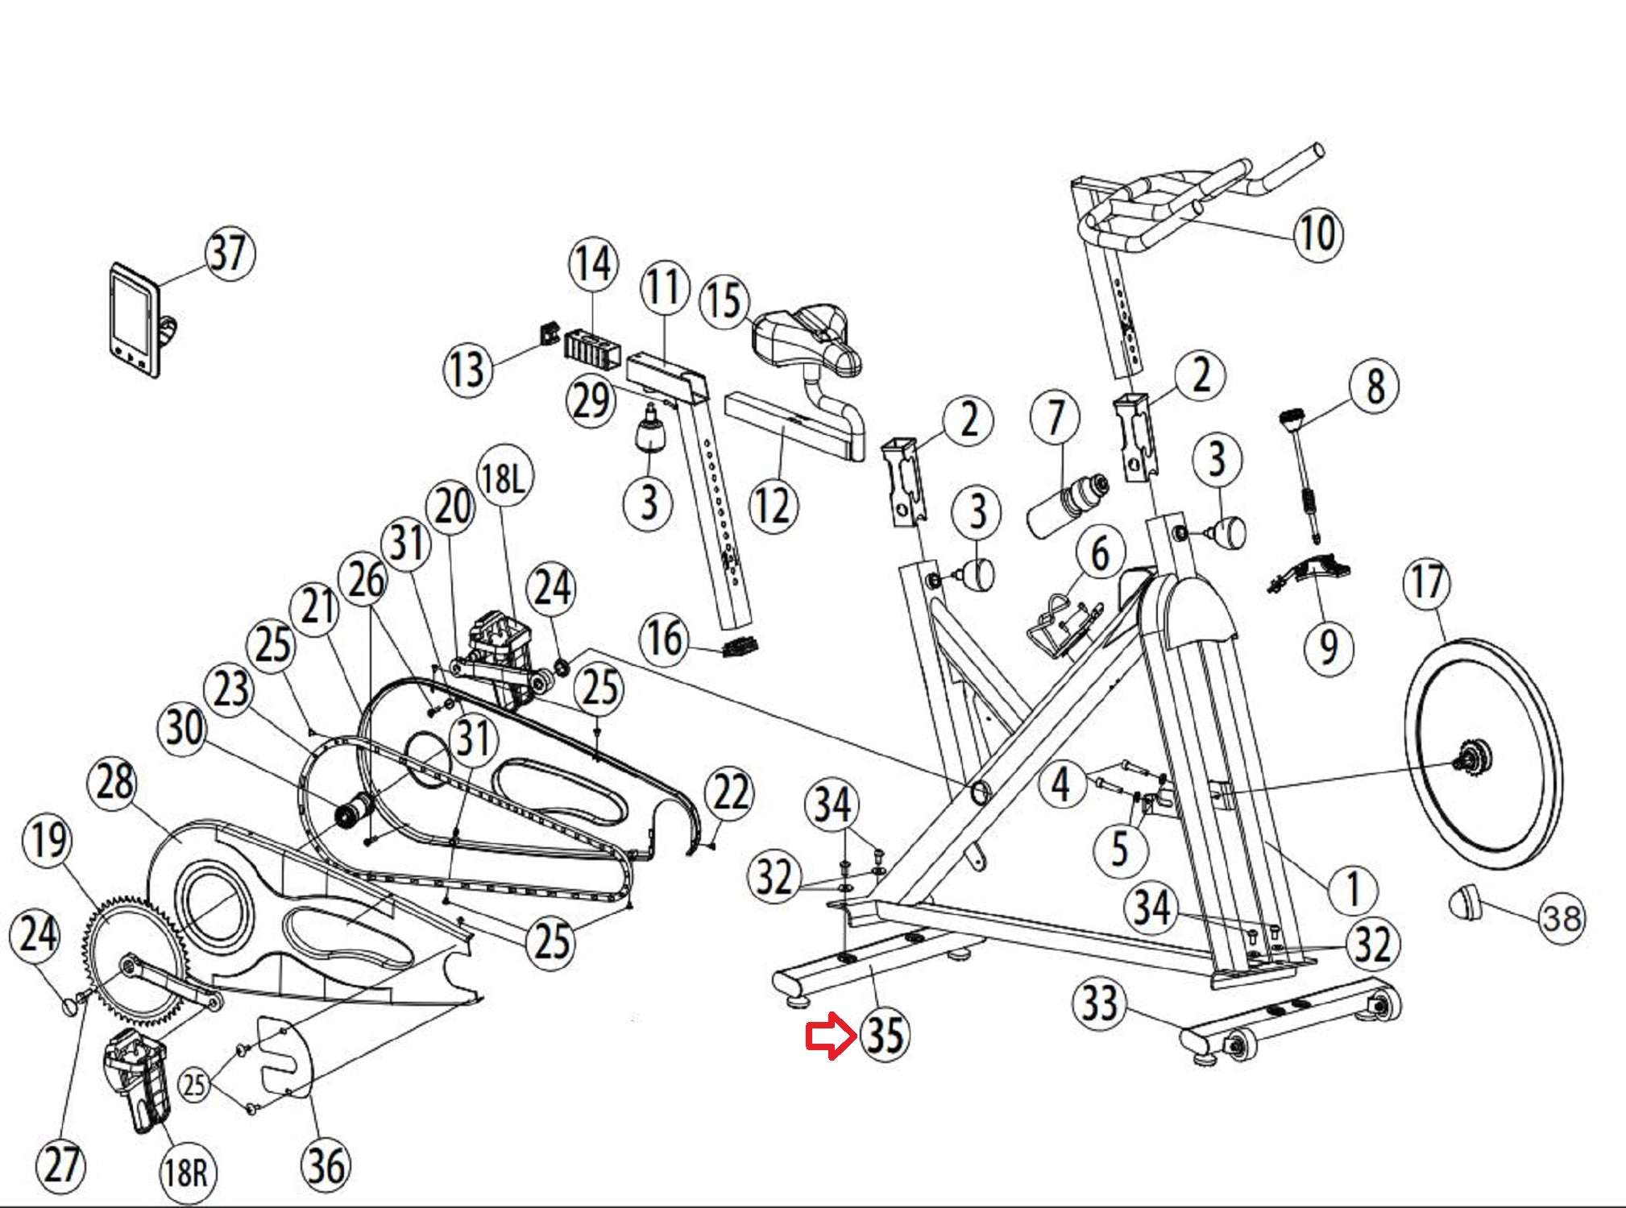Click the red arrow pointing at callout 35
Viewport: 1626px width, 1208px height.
[830, 1036]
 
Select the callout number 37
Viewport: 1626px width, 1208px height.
[230, 254]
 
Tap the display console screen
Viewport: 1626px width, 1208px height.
[131, 312]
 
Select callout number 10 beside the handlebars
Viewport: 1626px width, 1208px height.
[1318, 233]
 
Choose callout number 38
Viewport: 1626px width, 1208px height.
[1561, 917]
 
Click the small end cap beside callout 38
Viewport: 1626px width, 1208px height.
[1466, 903]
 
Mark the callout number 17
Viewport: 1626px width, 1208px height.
[1427, 582]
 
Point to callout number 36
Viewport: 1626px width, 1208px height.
[326, 1165]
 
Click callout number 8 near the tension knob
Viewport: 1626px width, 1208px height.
[1375, 386]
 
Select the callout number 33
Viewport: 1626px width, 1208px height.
[1099, 1004]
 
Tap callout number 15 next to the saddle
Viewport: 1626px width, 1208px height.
[724, 301]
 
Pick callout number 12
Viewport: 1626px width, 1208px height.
[773, 506]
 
